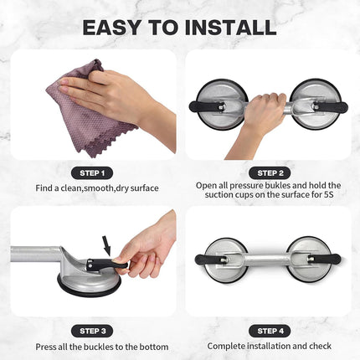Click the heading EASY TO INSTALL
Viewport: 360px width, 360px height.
(179, 27)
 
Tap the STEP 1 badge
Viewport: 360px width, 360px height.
(92, 172)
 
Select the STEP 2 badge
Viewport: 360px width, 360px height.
(268, 172)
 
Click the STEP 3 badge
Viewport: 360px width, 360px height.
(92, 330)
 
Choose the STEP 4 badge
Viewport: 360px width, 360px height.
(268, 330)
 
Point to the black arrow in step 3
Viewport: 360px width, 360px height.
(107, 245)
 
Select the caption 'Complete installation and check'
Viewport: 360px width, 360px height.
(270, 347)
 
